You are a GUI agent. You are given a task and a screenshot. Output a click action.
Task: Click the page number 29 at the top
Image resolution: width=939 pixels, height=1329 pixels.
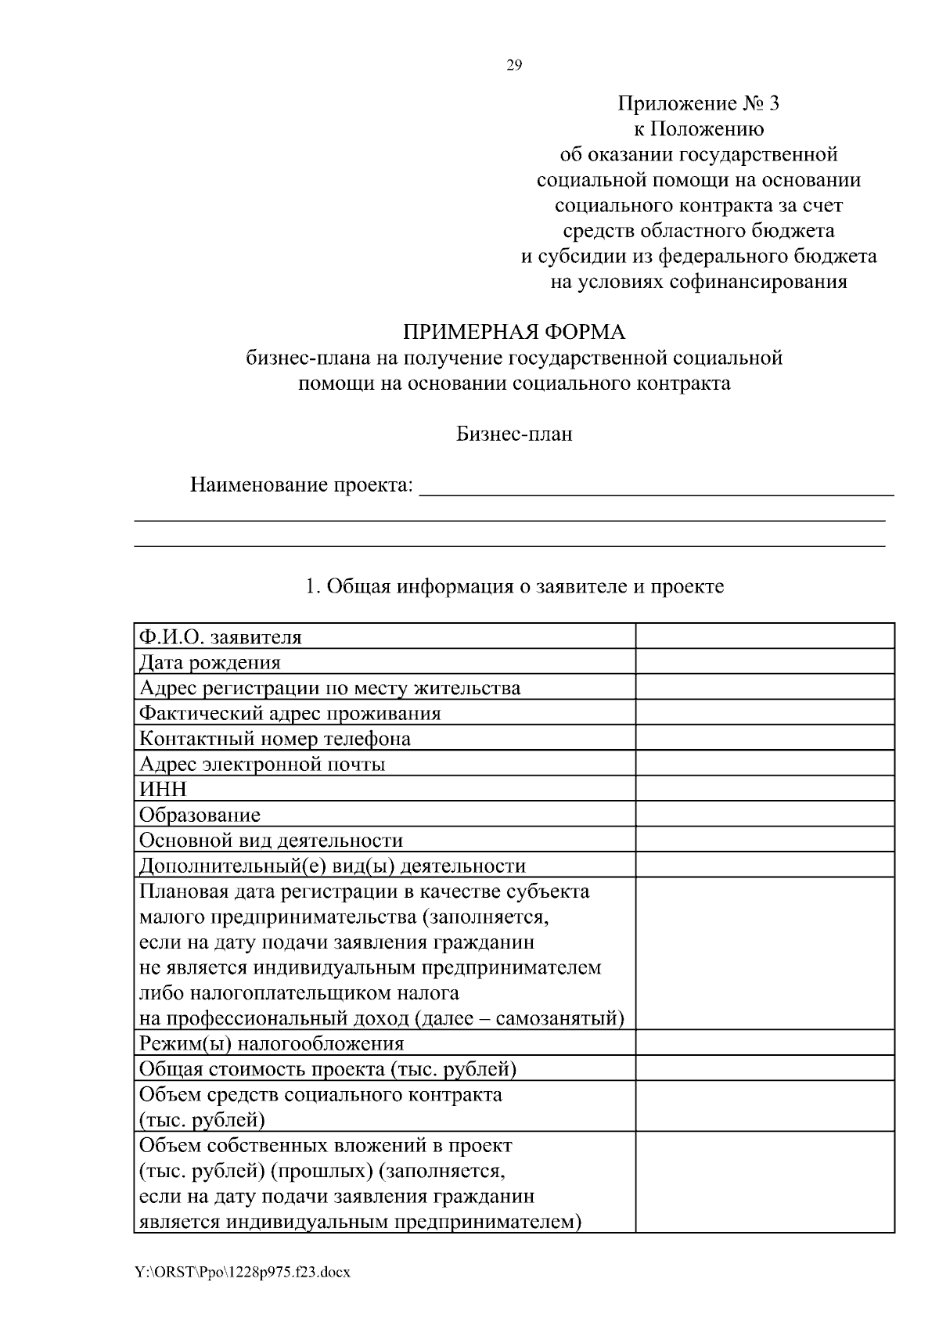pyautogui.click(x=514, y=65)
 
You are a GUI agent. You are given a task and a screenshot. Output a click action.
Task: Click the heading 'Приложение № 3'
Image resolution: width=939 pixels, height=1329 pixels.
pyautogui.click(x=699, y=103)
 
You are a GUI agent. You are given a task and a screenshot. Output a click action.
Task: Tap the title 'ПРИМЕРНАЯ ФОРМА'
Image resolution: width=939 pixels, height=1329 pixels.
pyautogui.click(x=514, y=332)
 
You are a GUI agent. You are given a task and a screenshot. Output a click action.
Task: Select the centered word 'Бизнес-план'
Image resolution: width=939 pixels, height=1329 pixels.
pyautogui.click(x=514, y=434)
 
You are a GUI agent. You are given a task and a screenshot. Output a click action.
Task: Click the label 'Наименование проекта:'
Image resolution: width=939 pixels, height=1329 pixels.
pyautogui.click(x=301, y=484)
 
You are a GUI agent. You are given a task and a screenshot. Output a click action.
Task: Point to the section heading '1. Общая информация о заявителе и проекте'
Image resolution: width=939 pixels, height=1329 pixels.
pyautogui.click(x=514, y=586)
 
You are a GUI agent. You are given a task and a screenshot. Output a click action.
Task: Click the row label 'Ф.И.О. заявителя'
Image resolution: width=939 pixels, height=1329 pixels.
pyautogui.click(x=220, y=637)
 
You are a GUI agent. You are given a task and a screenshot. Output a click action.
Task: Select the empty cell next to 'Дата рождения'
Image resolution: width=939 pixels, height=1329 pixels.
pyautogui.click(x=765, y=662)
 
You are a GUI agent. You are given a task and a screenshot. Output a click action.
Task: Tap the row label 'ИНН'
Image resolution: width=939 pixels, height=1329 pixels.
pyautogui.click(x=163, y=789)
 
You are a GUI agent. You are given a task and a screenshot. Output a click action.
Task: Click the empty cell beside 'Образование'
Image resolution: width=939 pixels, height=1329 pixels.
pyautogui.click(x=765, y=814)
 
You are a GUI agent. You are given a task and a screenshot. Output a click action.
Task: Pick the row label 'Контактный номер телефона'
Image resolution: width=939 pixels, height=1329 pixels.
pyautogui.click(x=275, y=738)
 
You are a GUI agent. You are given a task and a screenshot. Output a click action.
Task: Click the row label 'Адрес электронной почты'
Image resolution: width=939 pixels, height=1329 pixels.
pyautogui.click(x=262, y=764)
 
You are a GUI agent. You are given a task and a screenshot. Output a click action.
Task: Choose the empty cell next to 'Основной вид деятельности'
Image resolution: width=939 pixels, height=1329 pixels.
pyautogui.click(x=765, y=840)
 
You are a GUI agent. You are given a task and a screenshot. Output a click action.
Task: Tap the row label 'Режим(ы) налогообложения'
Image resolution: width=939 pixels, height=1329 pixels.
pyautogui.click(x=272, y=1043)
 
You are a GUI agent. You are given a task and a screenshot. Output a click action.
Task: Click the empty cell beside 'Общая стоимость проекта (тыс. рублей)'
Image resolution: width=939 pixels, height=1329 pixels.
pyautogui.click(x=765, y=1068)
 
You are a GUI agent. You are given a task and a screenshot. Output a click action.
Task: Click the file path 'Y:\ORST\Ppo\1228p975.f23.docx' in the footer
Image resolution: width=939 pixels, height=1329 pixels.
pyautogui.click(x=242, y=1272)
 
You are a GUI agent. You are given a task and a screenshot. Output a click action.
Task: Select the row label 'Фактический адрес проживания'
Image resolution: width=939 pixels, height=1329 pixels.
pyautogui.click(x=290, y=713)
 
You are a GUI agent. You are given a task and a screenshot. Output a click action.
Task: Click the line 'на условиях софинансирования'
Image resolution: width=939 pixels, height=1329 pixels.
pyautogui.click(x=699, y=282)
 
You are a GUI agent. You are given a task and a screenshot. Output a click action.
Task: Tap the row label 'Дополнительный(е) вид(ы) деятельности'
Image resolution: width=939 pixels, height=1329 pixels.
pyautogui.click(x=333, y=866)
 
